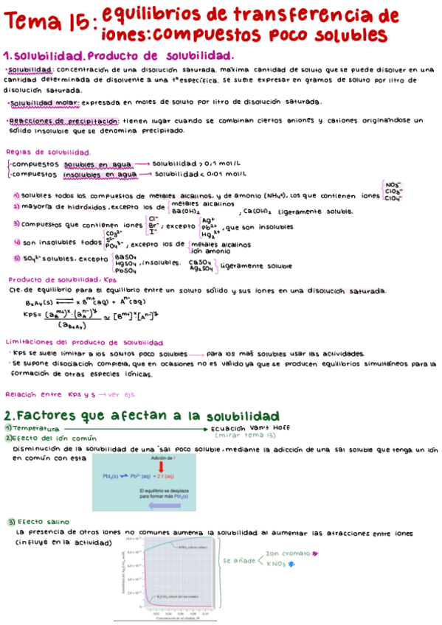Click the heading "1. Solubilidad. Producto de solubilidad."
[x=119, y=56]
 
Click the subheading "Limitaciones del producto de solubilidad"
[x=83, y=343]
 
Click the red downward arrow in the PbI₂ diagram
[x=152, y=466]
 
